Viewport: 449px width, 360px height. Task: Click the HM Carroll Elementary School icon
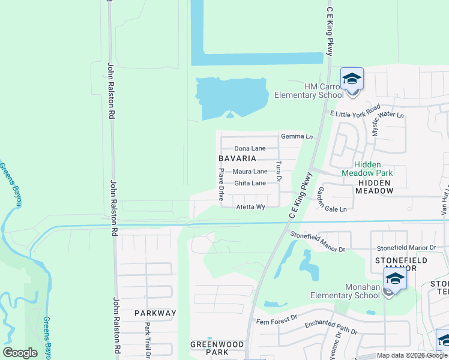[352, 79]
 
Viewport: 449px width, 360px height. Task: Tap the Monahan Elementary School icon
[395, 280]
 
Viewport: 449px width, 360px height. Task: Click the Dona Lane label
[250, 148]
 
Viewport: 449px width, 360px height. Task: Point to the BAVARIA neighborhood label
[237, 159]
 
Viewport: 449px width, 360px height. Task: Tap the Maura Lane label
[250, 172]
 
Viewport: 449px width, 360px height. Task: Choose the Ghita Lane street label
[250, 183]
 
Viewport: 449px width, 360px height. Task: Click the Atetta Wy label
[250, 207]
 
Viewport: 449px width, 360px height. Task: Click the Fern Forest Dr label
[277, 319]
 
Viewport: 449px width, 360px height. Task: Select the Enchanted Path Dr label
[331, 328]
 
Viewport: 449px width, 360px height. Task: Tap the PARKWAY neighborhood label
[155, 313]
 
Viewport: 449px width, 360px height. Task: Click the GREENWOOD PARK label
[217, 348]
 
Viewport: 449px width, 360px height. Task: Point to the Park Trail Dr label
[147, 340]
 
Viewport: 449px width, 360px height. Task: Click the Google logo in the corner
[20, 353]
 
